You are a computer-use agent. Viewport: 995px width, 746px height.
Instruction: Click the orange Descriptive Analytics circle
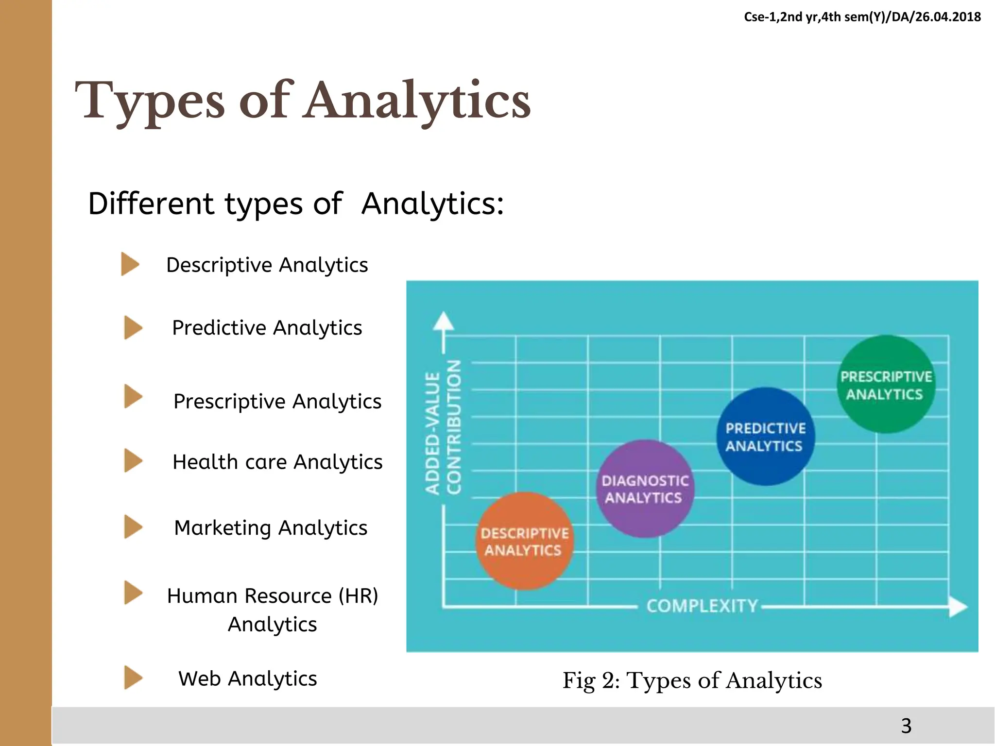(524, 541)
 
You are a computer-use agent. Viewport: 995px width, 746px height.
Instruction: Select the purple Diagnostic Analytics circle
(645, 489)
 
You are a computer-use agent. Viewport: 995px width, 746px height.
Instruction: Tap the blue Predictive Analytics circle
(765, 436)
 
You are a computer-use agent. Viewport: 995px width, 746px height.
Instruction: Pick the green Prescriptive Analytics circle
(886, 384)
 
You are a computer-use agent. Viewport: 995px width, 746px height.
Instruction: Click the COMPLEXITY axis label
(702, 606)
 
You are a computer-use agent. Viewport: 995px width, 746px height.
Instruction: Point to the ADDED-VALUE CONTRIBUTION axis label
(443, 427)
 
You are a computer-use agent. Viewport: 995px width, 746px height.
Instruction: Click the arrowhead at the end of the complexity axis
(958, 607)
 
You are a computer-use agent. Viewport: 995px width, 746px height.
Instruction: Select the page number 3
(906, 726)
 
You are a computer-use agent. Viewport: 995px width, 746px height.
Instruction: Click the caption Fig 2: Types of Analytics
(692, 680)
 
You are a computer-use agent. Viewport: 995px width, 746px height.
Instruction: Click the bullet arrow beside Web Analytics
(133, 678)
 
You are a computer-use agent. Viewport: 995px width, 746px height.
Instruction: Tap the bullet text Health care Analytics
(277, 461)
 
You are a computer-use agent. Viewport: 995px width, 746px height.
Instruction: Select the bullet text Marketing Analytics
(271, 527)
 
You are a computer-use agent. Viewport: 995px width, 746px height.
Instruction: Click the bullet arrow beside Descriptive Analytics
(130, 264)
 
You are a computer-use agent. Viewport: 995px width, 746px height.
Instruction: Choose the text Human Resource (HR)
(273, 595)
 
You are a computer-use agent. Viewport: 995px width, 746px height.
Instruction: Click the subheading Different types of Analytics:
(296, 203)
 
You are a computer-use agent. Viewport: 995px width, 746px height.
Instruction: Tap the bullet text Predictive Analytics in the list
(267, 328)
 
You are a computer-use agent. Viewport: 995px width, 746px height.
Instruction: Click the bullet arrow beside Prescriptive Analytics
(133, 396)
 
